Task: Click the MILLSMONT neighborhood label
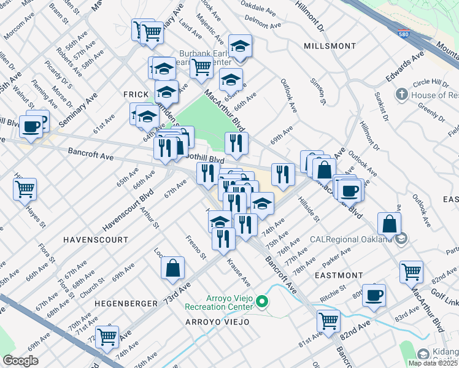pyautogui.click(x=330, y=46)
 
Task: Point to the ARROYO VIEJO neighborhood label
pyautogui.click(x=218, y=321)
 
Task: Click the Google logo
pyautogui.click(x=20, y=361)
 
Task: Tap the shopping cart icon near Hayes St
pyautogui.click(x=25, y=189)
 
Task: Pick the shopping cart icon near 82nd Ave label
pyautogui.click(x=329, y=320)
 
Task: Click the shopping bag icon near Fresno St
pyautogui.click(x=173, y=267)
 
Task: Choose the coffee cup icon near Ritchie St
pyautogui.click(x=374, y=295)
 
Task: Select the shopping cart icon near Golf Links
pyautogui.click(x=411, y=270)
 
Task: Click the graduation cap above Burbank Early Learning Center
pyautogui.click(x=241, y=45)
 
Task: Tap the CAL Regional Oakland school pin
pyautogui.click(x=401, y=239)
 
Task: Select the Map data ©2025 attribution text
pyautogui.click(x=432, y=363)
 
